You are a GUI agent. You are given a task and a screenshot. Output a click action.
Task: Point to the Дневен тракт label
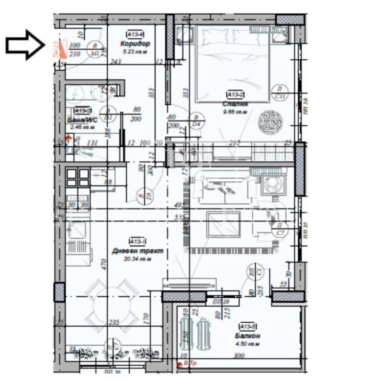pos(137,250)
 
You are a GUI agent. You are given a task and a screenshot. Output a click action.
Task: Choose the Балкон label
pos(247,336)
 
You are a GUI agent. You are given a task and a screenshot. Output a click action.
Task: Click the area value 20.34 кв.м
pos(138,259)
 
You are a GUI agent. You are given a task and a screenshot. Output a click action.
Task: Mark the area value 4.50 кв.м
pos(247,344)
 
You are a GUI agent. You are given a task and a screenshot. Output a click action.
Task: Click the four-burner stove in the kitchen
pos(77,178)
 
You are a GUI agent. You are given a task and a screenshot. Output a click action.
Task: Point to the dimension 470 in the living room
pos(103,264)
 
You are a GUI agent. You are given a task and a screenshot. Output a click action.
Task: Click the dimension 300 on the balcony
pos(239,356)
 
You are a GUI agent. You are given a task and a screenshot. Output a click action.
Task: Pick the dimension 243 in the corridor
pos(116,61)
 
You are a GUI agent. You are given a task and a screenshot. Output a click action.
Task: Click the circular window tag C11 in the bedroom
pos(280,93)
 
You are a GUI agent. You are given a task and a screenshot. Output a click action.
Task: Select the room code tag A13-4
pos(135,34)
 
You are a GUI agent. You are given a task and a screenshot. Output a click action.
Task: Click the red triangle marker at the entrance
pos(61,49)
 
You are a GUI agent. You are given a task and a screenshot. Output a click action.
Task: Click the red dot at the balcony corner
pos(180,363)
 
